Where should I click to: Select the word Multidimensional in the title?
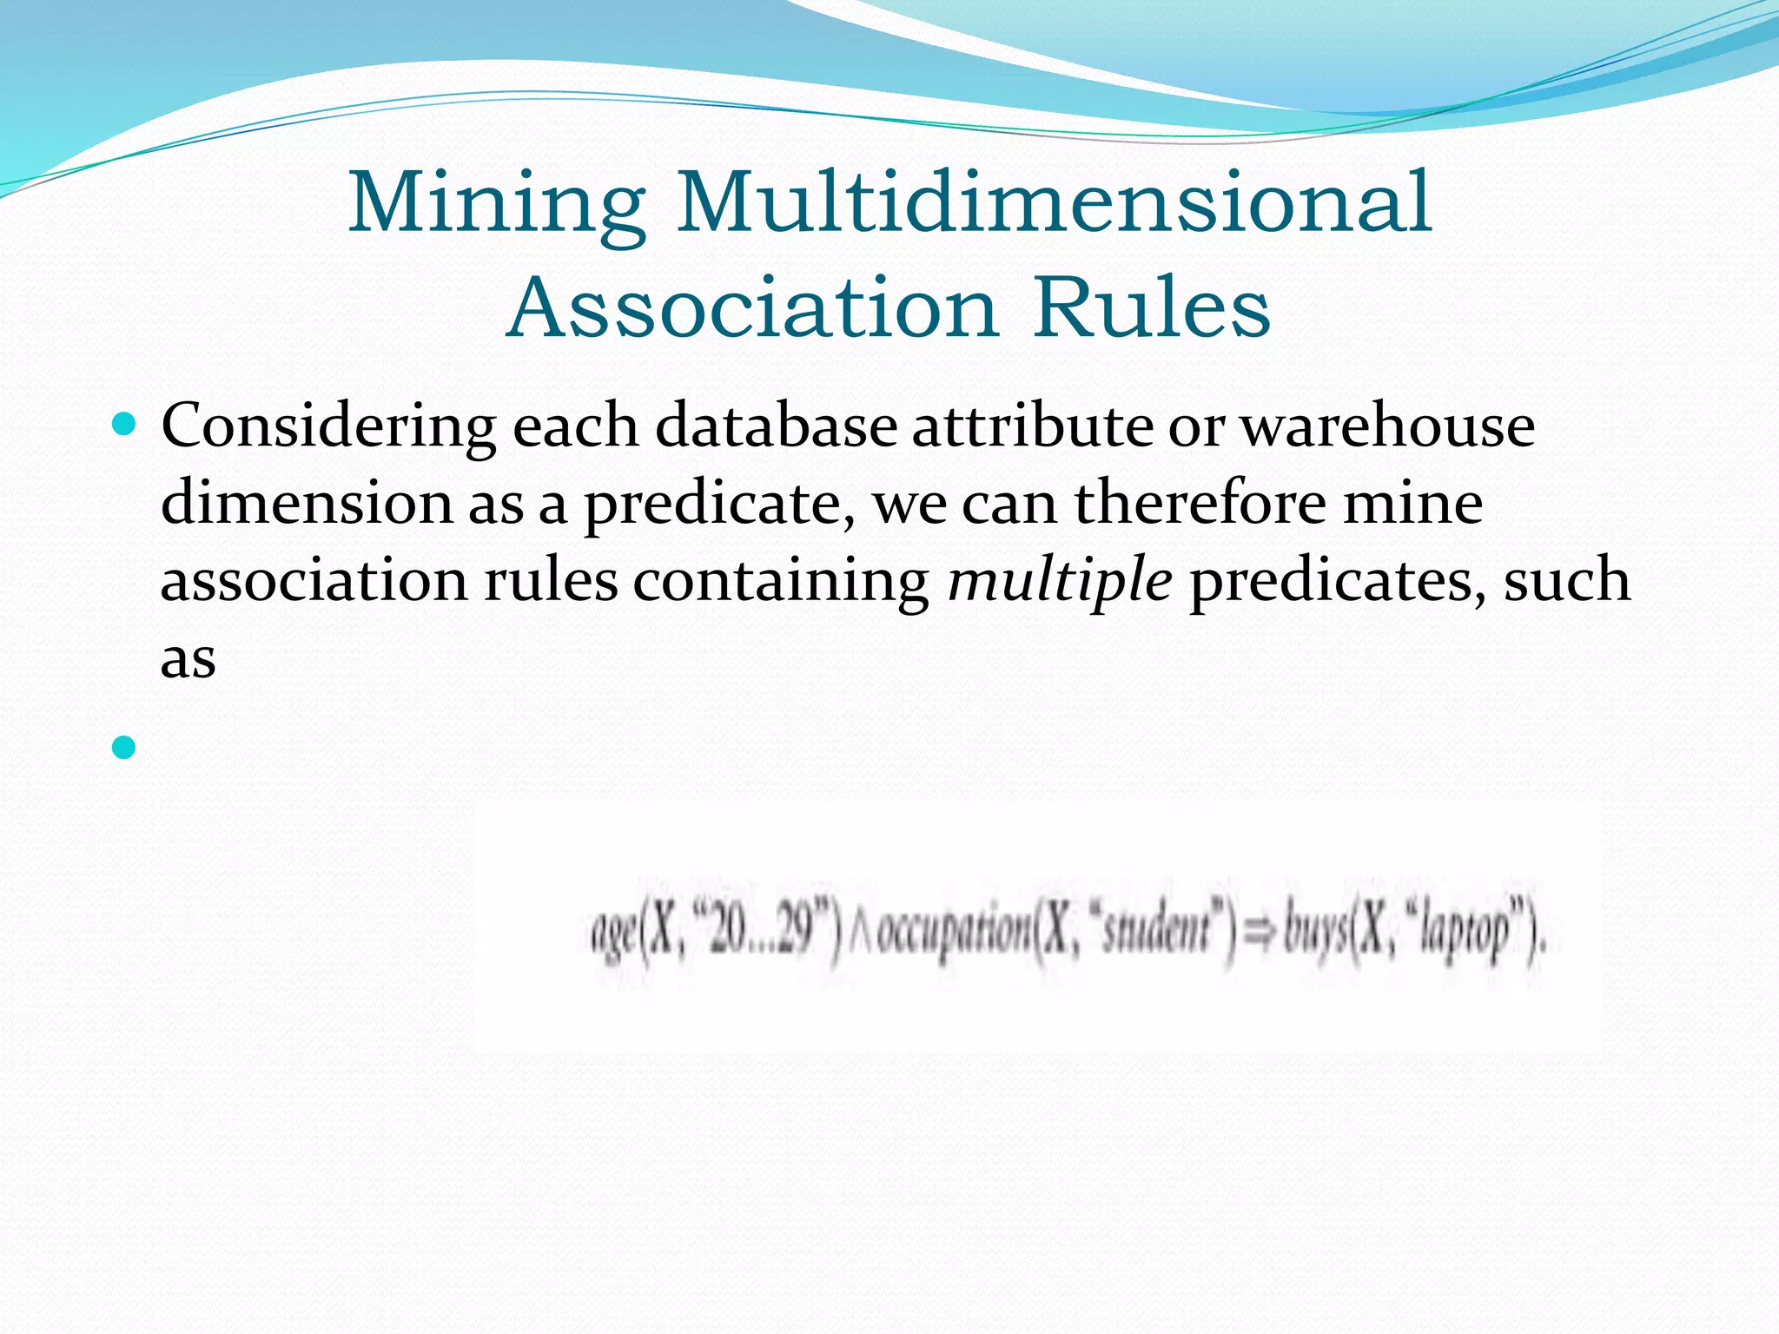click(1054, 202)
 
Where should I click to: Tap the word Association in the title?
click(752, 308)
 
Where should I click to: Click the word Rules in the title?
click(1152, 308)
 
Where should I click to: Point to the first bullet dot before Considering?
click(125, 425)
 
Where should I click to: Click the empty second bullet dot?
click(125, 746)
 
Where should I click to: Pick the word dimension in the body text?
click(306, 503)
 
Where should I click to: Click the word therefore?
click(1200, 503)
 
